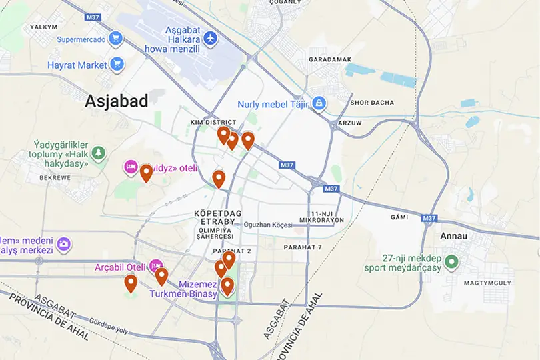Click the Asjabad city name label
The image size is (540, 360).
pos(117,101)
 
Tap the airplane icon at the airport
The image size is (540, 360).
pos(211,38)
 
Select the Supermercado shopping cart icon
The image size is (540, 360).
pos(117,39)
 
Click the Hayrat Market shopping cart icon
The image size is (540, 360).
pos(118,65)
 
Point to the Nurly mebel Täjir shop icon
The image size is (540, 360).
pos(319,103)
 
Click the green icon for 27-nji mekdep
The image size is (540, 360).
pos(451,261)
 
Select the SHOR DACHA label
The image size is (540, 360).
pos(372,103)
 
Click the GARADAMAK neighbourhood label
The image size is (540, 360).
pos(330,59)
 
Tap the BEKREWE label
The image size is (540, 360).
pos(55,178)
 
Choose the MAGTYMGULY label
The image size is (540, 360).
pos(491,283)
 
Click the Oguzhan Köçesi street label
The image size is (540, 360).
pos(268,225)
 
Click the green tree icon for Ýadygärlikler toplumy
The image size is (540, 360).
pos(99,154)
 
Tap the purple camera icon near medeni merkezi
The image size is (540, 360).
pos(63,244)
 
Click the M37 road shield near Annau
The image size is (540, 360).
pos(430,217)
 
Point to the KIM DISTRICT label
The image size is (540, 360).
pos(213,123)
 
